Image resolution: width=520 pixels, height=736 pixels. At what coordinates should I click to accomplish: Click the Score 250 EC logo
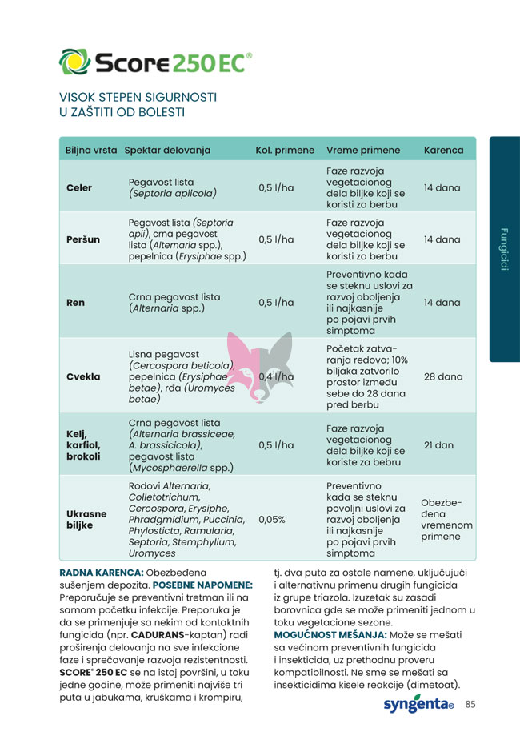tap(156, 62)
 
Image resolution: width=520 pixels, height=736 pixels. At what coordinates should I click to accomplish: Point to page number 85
tap(470, 705)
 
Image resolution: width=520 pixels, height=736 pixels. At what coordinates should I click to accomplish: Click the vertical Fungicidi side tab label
tap(504, 249)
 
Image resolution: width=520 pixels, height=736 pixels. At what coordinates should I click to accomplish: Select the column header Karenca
tap(443, 150)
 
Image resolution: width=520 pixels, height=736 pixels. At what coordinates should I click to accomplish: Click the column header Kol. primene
tap(285, 150)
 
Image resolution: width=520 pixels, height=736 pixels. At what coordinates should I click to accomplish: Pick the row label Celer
tap(79, 188)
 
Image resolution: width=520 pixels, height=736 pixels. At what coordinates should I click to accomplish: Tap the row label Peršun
tap(83, 239)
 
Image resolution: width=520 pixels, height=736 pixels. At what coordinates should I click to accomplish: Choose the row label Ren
tap(75, 303)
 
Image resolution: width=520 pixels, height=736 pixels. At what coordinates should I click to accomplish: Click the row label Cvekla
tap(83, 376)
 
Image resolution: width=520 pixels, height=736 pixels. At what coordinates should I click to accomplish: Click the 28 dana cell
tap(442, 376)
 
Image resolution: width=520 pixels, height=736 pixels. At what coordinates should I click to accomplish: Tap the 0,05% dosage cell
tap(272, 519)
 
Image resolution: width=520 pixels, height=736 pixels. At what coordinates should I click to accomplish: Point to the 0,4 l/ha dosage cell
tap(277, 376)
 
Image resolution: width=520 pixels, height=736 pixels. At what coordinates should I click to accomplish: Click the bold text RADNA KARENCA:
tap(102, 573)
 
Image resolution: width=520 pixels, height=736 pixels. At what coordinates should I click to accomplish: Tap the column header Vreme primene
tap(363, 150)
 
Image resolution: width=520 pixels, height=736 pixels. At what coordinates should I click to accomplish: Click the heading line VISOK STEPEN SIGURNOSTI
tap(138, 97)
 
